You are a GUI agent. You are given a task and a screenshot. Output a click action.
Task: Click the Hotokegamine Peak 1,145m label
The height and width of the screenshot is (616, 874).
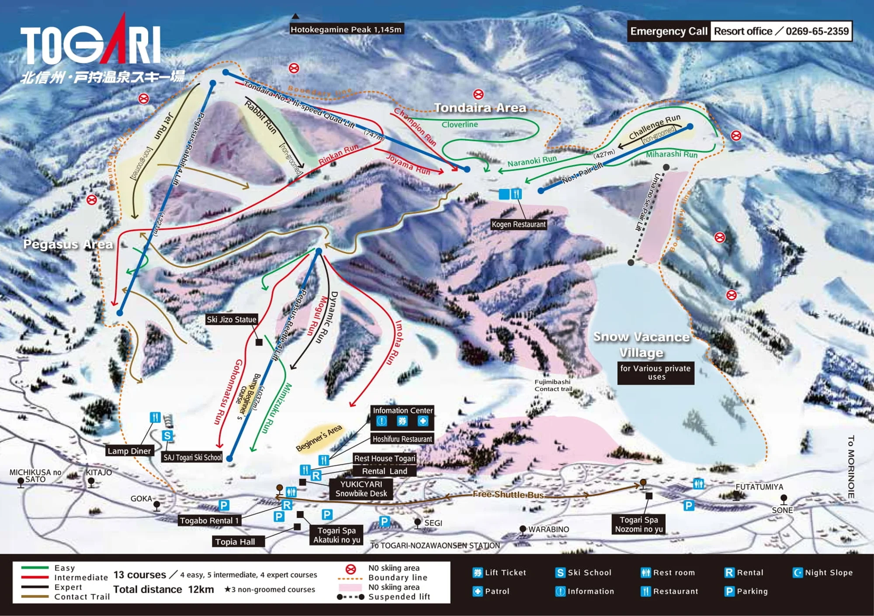point(346,29)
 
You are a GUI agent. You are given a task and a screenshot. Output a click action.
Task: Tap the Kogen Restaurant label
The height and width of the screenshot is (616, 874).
point(519,225)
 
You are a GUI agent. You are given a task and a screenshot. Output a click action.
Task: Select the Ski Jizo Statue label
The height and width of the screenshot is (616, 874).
point(232,319)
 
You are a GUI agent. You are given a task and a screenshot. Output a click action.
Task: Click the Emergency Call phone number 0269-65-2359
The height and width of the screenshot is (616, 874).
point(817,31)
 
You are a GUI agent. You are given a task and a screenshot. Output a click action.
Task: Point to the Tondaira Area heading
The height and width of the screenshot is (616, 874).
point(480,108)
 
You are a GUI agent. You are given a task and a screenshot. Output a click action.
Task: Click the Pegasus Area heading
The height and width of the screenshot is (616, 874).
point(68,244)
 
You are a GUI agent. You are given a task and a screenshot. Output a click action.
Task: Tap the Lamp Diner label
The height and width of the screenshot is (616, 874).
point(129,451)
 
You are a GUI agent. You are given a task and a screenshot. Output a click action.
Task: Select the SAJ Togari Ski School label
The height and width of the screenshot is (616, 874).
point(193,457)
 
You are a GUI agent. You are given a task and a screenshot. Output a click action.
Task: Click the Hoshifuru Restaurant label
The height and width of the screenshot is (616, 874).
point(402,439)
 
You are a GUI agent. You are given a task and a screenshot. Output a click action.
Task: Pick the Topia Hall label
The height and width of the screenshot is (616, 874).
point(235,542)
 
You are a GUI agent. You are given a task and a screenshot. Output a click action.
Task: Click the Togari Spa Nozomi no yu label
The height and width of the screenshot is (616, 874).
point(639,524)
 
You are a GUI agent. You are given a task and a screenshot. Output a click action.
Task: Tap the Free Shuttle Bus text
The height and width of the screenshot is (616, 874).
point(508,495)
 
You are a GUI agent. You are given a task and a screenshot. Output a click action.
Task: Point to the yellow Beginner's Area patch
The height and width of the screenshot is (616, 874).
point(319,438)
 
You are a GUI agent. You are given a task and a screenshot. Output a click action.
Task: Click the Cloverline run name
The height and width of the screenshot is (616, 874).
point(460,125)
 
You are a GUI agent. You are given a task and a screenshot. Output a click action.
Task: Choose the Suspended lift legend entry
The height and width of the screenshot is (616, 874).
point(399,597)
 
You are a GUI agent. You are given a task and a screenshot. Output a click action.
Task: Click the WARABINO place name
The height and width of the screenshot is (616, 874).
point(548,529)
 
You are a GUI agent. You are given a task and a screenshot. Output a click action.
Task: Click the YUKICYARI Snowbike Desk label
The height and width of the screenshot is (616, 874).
point(361,489)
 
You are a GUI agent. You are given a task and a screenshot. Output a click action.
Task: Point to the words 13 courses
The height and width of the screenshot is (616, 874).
point(140,575)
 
